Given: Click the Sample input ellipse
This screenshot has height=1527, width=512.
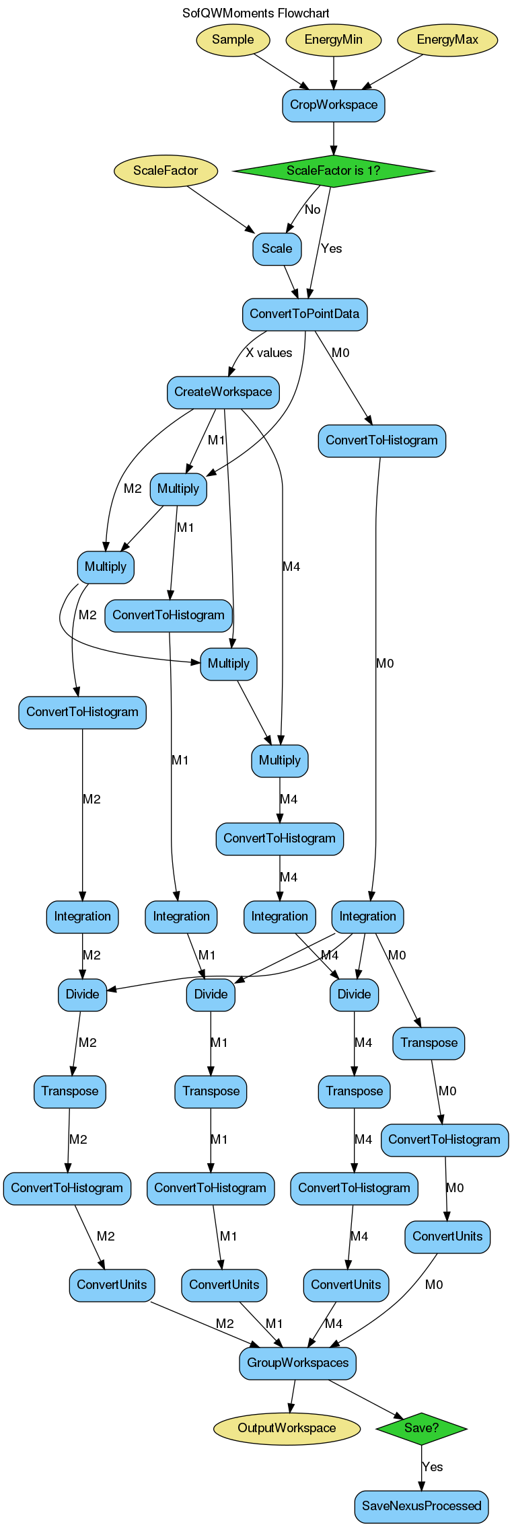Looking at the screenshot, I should [x=233, y=40].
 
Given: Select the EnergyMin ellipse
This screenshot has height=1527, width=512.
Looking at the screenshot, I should [x=334, y=40].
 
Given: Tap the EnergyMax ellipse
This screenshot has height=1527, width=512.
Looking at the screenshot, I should [x=447, y=40].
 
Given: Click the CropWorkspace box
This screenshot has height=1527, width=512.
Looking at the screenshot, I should [x=334, y=105].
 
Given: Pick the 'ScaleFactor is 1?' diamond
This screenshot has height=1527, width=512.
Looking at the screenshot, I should [x=333, y=171].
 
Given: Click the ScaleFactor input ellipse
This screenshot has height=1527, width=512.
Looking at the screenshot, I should [x=166, y=171].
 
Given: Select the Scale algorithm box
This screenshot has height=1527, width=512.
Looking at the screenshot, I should [x=277, y=249].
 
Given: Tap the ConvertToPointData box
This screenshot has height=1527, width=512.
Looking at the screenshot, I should [x=305, y=314].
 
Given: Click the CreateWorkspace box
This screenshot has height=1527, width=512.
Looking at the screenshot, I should [x=223, y=392].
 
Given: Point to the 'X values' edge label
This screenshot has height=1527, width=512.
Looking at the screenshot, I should [x=269, y=353].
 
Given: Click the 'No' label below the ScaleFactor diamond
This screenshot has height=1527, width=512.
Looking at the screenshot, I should [x=313, y=210].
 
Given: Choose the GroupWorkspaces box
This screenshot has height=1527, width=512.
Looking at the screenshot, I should [x=298, y=1363].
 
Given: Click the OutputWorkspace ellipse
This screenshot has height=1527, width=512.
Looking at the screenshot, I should [x=287, y=1428].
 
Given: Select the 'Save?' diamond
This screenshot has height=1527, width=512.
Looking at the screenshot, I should [x=422, y=1428].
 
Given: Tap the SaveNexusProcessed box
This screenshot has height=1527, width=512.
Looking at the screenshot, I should [x=422, y=1506].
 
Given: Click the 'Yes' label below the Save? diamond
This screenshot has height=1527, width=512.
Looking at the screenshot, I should [x=433, y=1467].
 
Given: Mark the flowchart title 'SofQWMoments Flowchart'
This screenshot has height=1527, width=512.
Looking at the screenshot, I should [x=256, y=13].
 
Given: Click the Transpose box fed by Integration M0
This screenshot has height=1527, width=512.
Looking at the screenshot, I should [x=429, y=1043].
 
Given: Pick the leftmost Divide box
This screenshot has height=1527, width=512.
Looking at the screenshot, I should [x=83, y=994].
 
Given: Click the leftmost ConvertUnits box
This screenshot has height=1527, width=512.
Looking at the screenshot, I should [x=112, y=1285].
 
